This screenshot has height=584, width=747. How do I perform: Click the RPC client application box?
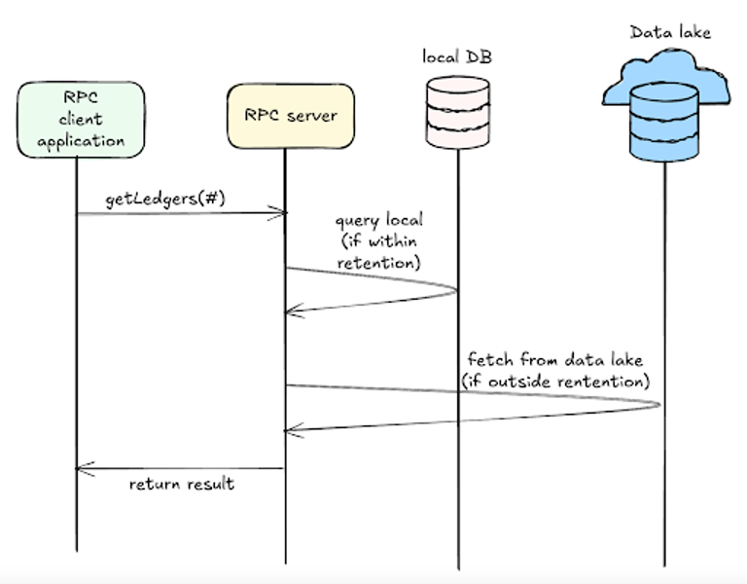click(x=82, y=119)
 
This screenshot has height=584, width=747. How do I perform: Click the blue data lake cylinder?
click(x=664, y=121)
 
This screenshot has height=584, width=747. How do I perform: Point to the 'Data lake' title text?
click(x=670, y=32)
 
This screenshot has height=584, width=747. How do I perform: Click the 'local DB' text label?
click(x=456, y=57)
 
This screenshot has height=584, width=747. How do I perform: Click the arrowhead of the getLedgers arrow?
click(x=284, y=213)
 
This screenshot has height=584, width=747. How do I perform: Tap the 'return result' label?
click(x=182, y=483)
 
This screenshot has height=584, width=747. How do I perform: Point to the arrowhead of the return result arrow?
click(x=80, y=471)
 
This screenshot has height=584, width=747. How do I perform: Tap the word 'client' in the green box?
click(x=82, y=120)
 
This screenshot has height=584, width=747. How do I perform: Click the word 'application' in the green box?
click(x=82, y=140)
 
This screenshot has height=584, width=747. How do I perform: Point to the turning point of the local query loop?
click(x=456, y=288)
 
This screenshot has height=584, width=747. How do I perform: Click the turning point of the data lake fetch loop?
click(x=664, y=405)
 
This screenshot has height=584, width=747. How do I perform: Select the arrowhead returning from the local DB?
click(x=288, y=311)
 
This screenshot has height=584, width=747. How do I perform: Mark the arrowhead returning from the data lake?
click(x=288, y=428)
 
